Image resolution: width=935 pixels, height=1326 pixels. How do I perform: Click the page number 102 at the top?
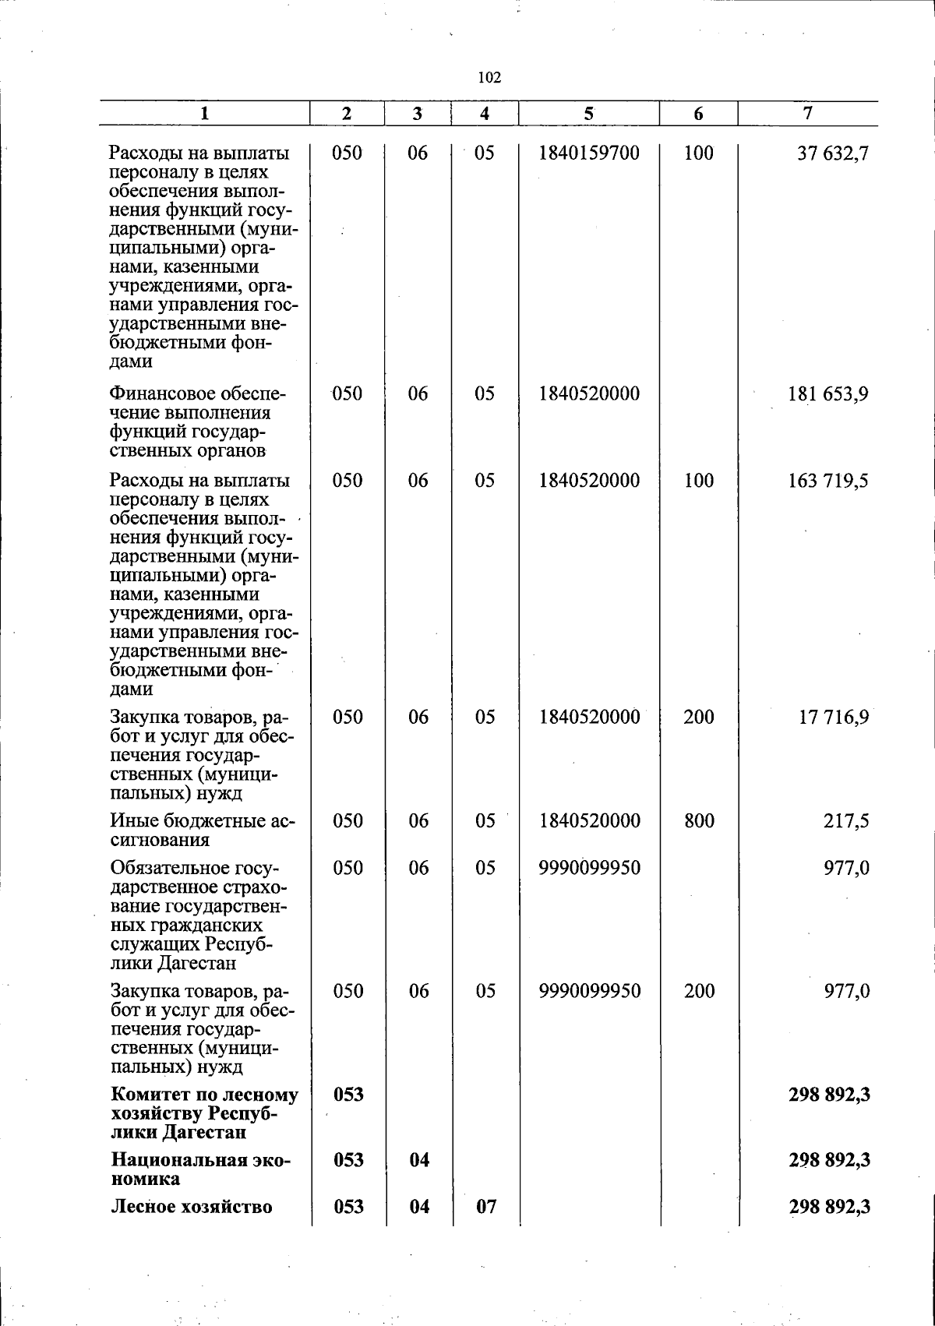point(489,77)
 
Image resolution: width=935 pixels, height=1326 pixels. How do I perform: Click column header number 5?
point(589,114)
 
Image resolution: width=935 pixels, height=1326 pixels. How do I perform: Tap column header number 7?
point(808,114)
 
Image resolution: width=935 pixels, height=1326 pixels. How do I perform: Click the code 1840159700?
point(589,153)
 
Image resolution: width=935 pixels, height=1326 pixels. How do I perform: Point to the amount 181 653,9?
point(829,394)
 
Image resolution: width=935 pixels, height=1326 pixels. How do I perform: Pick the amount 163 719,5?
point(829,481)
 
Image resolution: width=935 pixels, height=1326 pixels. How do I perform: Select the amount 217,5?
point(847,821)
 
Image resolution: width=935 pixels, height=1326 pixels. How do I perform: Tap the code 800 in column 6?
point(699,821)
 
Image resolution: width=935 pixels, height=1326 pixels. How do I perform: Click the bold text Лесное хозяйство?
point(192,1208)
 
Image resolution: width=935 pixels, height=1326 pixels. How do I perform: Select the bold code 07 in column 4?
point(485,1208)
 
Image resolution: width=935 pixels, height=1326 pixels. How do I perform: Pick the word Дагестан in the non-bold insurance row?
point(196,964)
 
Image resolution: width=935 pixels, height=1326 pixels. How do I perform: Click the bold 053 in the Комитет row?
point(348,1095)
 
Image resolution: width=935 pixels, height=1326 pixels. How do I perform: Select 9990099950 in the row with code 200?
point(589,992)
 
